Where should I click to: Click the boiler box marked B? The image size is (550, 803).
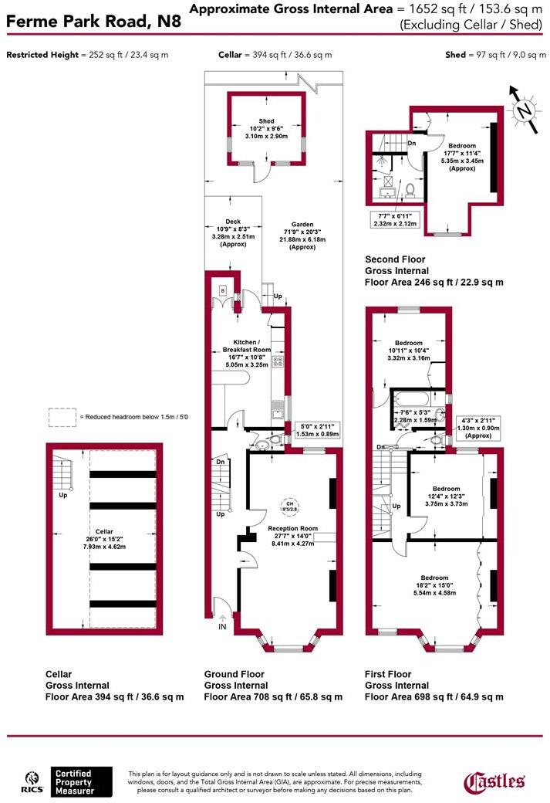[222, 291]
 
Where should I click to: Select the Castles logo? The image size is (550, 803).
[494, 781]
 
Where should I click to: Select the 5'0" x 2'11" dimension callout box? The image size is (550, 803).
[317, 430]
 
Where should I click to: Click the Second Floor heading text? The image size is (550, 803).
[395, 259]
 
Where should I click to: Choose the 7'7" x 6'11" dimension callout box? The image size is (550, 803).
[393, 219]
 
